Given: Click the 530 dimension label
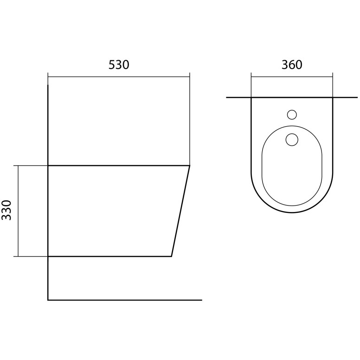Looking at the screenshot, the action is tap(119, 65).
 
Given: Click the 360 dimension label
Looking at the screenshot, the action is tap(292, 65).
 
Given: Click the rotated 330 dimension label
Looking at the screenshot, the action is tap(6, 210).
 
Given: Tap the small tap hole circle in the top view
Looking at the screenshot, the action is tap(292, 115).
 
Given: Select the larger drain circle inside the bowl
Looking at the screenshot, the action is tap(292, 140).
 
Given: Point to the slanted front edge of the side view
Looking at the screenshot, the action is tap(180, 211).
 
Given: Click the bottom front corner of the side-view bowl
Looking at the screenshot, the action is tap(172, 256).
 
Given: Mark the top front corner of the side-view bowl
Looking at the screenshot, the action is tap(190, 165).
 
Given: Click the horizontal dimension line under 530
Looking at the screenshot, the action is tap(119, 77).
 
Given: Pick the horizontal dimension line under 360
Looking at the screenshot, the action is tap(292, 77).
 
